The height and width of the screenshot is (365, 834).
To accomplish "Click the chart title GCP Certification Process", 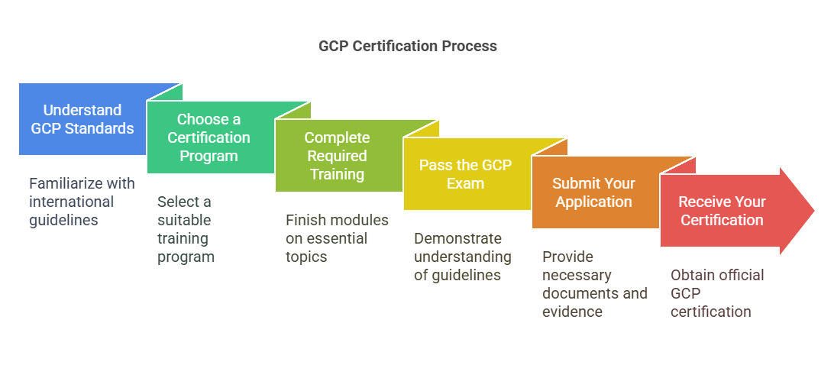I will pyautogui.click(x=407, y=46).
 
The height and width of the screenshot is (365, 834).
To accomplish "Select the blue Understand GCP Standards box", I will pyautogui.click(x=82, y=119).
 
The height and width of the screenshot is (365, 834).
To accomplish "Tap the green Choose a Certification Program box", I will pyautogui.click(x=208, y=137).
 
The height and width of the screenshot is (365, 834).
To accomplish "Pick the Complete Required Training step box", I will pyautogui.click(x=337, y=156).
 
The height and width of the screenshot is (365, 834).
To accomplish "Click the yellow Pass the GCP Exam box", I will pyautogui.click(x=465, y=174).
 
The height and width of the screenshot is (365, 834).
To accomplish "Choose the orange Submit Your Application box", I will pyautogui.click(x=593, y=192).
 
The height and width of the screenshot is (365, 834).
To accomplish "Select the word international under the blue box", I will pyautogui.click(x=72, y=202).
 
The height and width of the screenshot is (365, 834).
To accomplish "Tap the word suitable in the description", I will pyautogui.click(x=184, y=220).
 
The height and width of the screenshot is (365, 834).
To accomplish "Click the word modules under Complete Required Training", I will pyautogui.click(x=360, y=220).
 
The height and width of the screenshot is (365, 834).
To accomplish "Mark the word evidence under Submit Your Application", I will pyautogui.click(x=572, y=312).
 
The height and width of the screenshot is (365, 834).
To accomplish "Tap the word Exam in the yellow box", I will pyautogui.click(x=465, y=183).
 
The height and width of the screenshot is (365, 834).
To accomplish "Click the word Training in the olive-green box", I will pyautogui.click(x=337, y=174).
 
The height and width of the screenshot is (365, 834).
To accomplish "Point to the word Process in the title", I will pyautogui.click(x=469, y=46).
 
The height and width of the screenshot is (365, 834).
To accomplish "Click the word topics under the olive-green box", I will pyautogui.click(x=306, y=257).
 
